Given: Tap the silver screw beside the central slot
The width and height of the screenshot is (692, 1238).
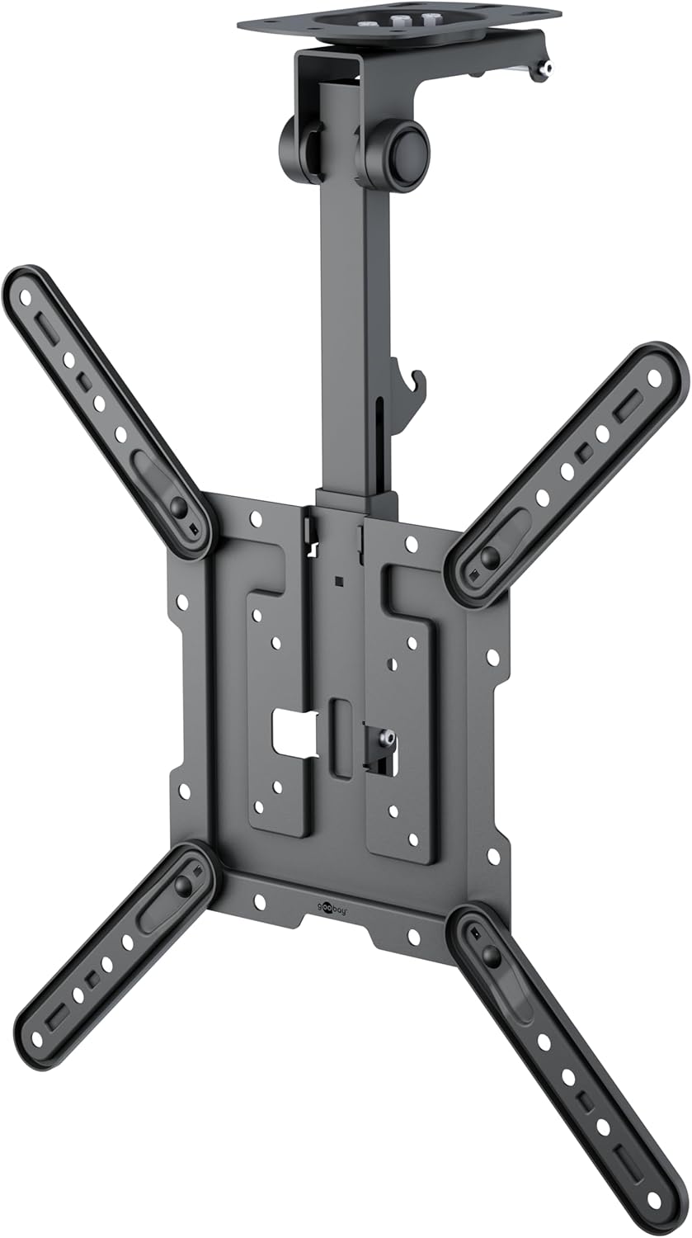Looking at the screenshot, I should [x=385, y=737].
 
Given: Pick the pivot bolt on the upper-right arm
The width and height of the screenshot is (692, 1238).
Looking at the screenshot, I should [x=489, y=555].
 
